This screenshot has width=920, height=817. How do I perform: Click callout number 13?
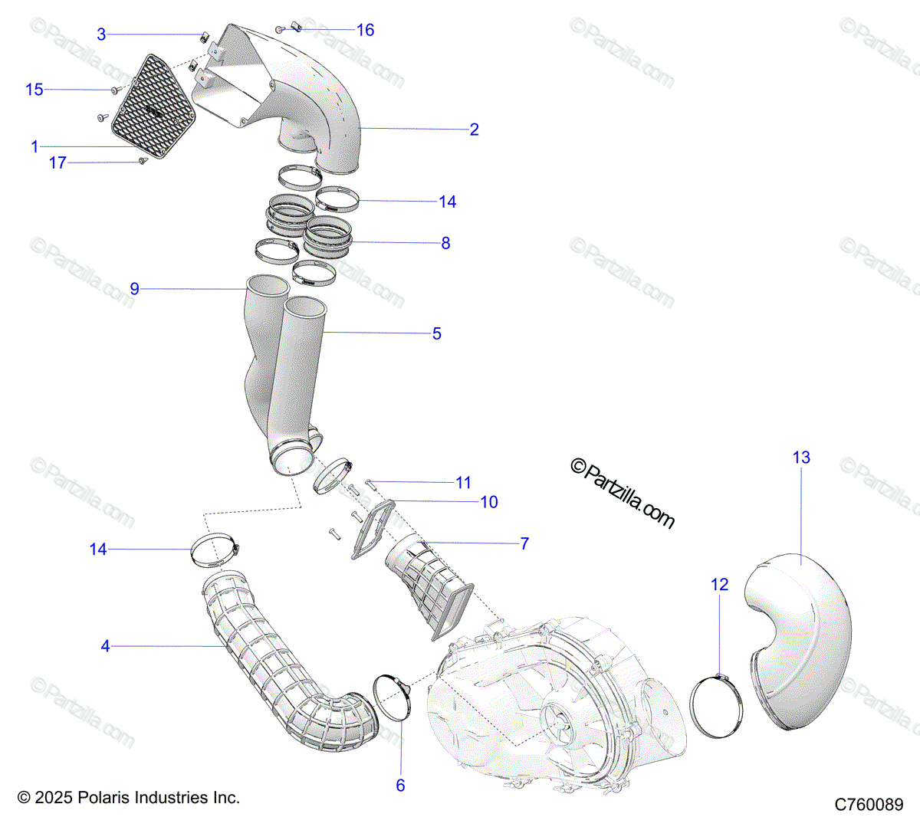[x=801, y=458]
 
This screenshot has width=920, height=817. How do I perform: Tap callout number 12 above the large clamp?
[x=719, y=585]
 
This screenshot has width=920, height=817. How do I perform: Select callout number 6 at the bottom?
[x=400, y=785]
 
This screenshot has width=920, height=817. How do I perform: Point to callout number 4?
[x=105, y=646]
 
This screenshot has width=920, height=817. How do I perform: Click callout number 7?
[x=524, y=543]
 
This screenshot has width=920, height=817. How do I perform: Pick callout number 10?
[x=489, y=502]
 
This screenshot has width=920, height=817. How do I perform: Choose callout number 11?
[x=463, y=483]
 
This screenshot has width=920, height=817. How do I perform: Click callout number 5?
[x=437, y=333]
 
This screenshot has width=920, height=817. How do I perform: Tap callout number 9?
[x=135, y=289]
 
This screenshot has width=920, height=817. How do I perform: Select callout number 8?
[x=445, y=243]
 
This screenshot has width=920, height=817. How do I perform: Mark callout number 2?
[x=475, y=130]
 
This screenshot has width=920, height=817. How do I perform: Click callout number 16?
[x=366, y=30]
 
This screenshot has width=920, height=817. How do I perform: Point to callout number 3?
[x=101, y=34]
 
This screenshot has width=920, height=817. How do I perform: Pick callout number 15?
[x=34, y=90]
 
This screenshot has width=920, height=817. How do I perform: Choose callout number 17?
[x=58, y=162]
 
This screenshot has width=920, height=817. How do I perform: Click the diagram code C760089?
[x=869, y=805]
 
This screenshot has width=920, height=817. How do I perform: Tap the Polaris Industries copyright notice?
[x=129, y=798]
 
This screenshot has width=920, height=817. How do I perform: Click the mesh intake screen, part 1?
[x=153, y=107]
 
